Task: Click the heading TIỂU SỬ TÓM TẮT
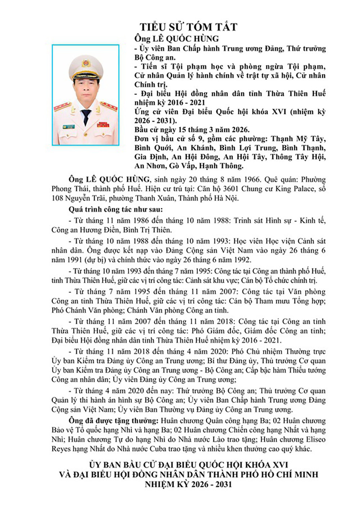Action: coord(189,27)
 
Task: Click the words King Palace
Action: coord(296,189)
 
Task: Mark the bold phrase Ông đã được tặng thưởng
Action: coord(113,421)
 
